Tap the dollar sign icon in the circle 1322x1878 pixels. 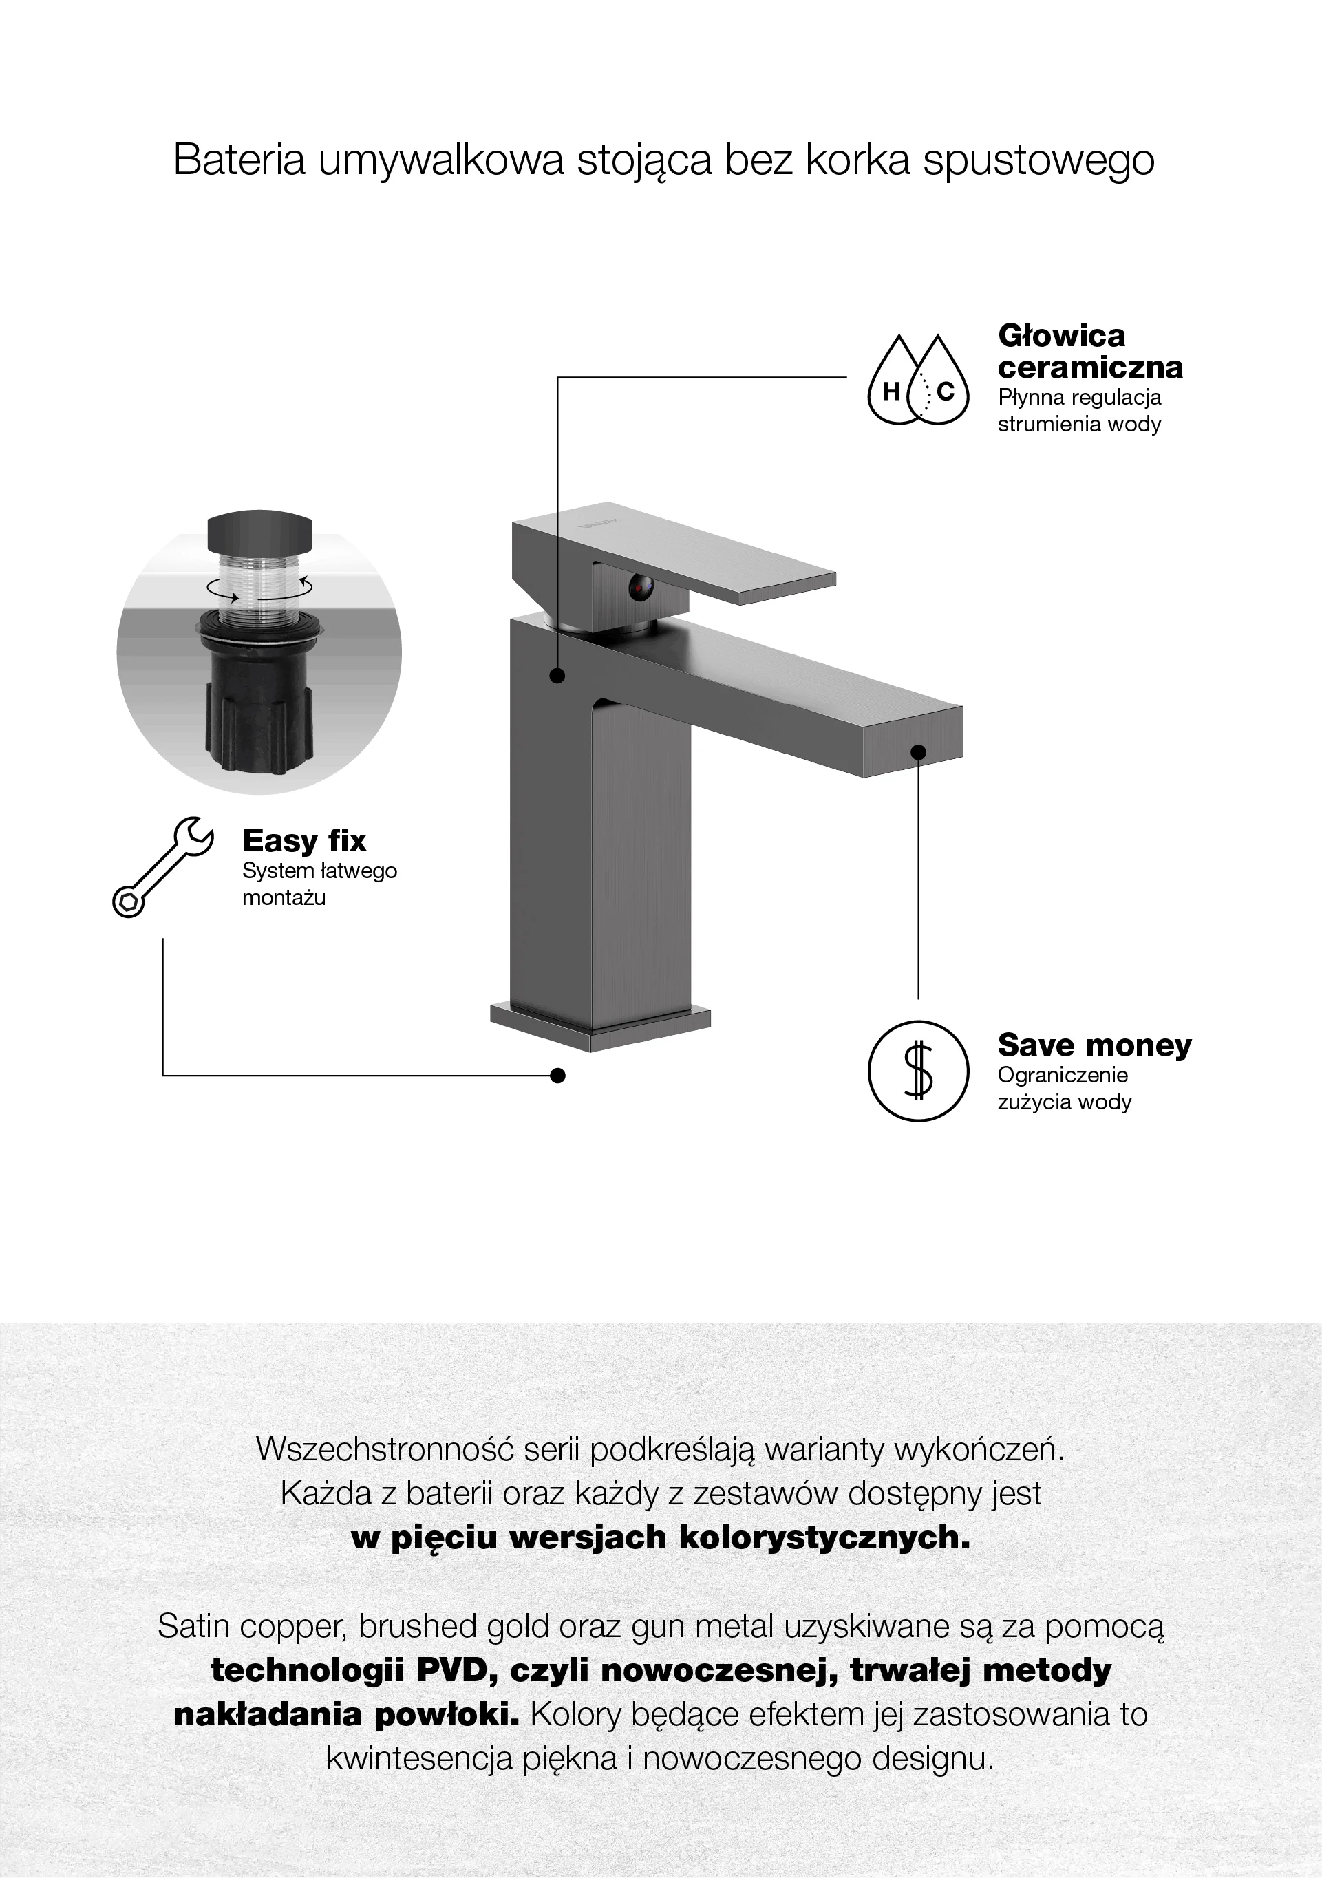click(918, 1071)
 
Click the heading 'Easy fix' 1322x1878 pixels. click(304, 840)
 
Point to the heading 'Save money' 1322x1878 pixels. click(1095, 1045)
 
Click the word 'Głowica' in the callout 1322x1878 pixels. click(1062, 335)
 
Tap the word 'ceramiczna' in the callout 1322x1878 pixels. click(1091, 367)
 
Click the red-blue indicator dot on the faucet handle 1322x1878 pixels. click(639, 586)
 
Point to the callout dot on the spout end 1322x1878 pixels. click(918, 751)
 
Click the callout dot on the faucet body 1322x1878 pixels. click(558, 676)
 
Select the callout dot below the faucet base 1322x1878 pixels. click(558, 1076)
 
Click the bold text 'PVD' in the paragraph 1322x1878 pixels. click(454, 1670)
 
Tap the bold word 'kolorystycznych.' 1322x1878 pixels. click(825, 1538)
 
